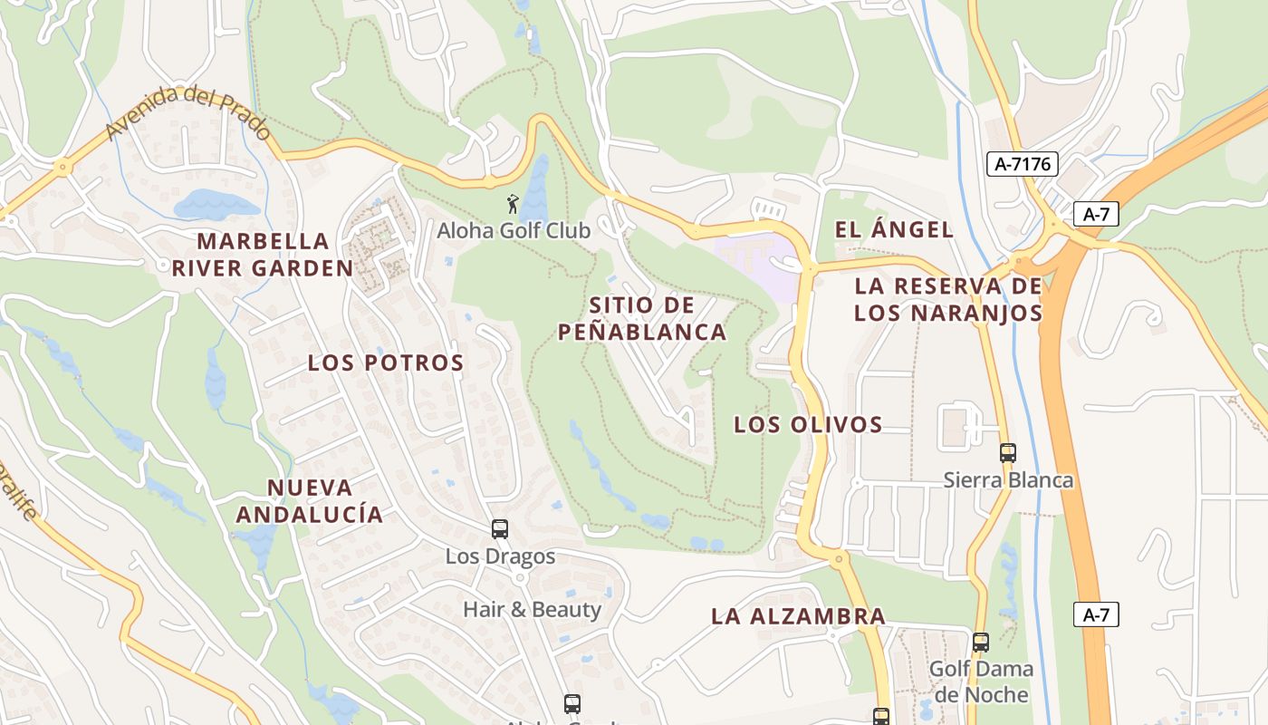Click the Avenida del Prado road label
pos(188,113)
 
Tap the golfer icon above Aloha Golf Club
pos(513,204)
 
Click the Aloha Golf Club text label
pos(514,230)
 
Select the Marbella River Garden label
pos(263,255)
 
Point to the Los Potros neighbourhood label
pos(386,362)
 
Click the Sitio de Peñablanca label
pos(642,318)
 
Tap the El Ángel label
pos(894,229)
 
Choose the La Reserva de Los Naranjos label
pos(948,300)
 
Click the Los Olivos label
pos(808,424)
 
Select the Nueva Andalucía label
pos(310,501)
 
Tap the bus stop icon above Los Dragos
pos(499,528)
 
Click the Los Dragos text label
pos(500,556)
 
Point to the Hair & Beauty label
pos(532,609)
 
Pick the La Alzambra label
pos(798,616)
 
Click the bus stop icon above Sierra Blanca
pos(1007,452)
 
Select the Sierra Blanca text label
pos(1008,479)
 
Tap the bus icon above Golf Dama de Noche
pos(980,643)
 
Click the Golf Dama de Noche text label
pos(981,682)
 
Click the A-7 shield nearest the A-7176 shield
pos(1096,214)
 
